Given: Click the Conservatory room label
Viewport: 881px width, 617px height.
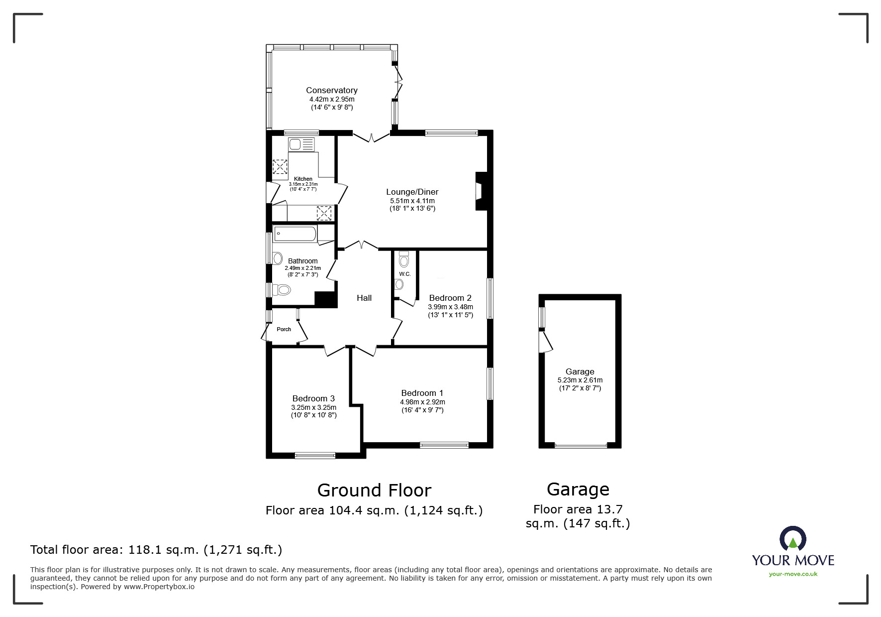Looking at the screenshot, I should coord(331,90).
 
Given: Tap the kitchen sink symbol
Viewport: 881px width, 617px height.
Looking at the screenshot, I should coord(301,145).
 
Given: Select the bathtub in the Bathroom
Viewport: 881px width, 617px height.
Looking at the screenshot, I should coord(295,234).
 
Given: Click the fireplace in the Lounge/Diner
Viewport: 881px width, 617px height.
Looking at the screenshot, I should coord(480,191).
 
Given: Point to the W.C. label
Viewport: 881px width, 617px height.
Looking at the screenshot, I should coord(404,274).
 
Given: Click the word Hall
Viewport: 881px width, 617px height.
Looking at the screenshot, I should coord(364,298).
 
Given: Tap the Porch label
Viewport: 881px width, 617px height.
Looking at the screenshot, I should coord(284,329).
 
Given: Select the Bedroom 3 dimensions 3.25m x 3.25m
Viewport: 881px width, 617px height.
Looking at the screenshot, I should coord(313,407).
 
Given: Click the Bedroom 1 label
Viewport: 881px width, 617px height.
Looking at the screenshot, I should coord(422,393).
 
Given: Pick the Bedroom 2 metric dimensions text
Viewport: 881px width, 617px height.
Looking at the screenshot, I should coord(450,307).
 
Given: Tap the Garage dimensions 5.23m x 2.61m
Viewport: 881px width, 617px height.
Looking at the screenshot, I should coord(580,380).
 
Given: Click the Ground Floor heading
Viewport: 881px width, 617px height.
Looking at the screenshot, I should coord(374,491).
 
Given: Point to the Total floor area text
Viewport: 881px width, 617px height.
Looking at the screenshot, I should coord(156,550).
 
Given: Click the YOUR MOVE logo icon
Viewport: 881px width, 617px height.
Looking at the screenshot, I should coord(792,539).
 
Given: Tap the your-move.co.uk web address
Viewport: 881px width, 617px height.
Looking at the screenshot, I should coord(792,574).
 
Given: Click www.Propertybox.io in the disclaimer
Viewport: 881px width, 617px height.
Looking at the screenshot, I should coord(159,587).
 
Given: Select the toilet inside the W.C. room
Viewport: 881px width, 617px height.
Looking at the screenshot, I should coord(404,260).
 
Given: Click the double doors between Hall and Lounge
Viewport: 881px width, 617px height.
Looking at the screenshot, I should coord(362,245).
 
